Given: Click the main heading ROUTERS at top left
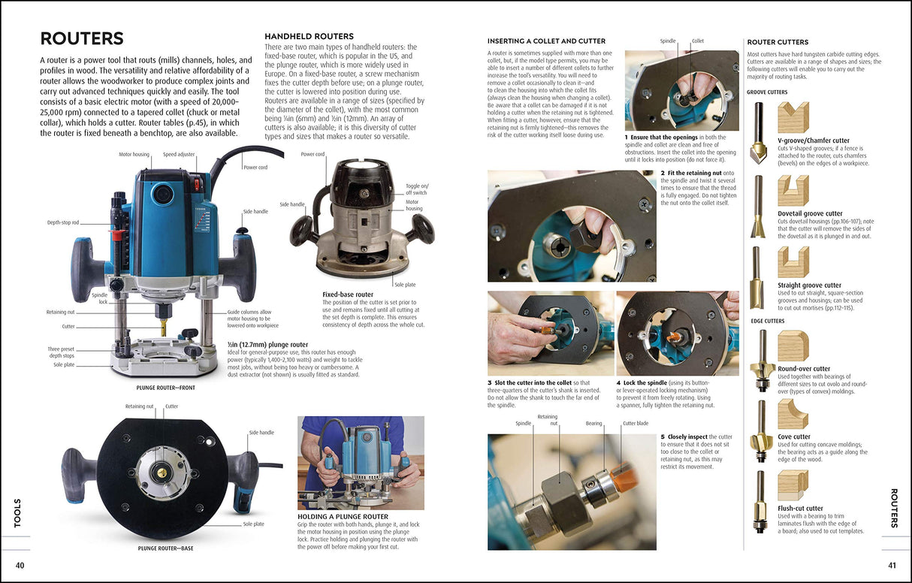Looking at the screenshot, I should [x=82, y=39].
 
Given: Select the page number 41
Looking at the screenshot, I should [x=892, y=565].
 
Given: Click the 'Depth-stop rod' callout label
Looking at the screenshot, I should [x=64, y=222].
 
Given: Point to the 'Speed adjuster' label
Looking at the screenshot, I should [x=180, y=154].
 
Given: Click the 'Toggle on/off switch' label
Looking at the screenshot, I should [x=416, y=189].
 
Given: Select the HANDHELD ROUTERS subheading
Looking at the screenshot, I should [x=309, y=36].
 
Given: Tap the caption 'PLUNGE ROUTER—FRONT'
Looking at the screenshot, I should [x=166, y=388].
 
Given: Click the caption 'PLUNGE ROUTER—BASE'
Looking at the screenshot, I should [x=165, y=548].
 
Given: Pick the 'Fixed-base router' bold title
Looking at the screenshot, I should [x=348, y=295].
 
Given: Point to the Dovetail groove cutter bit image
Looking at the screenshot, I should [x=758, y=206].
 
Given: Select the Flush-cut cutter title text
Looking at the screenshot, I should [x=800, y=509].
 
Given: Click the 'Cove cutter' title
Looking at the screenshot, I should [x=794, y=436].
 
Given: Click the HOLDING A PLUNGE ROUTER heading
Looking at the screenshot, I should [x=343, y=517].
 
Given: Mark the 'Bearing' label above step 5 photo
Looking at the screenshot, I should [x=593, y=424].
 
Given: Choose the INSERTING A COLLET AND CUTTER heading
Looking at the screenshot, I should [x=546, y=41].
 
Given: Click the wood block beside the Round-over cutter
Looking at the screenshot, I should [x=793, y=346].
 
